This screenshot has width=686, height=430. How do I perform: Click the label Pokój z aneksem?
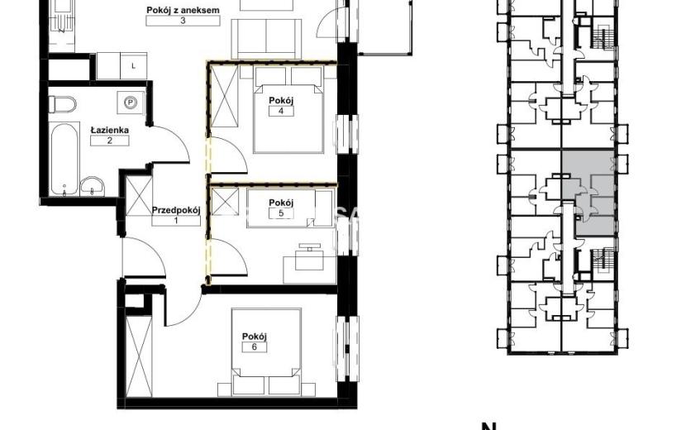pyautogui.click(x=183, y=10)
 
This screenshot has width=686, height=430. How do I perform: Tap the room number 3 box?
pyautogui.click(x=183, y=21)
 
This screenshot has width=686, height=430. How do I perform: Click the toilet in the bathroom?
pyautogui.click(x=62, y=105)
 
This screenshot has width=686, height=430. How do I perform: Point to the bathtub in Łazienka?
pyautogui.click(x=64, y=159)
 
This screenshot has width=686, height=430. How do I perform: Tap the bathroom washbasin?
pyautogui.click(x=93, y=186)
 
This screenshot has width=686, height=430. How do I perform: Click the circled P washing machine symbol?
pyautogui.click(x=131, y=103)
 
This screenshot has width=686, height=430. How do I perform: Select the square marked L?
pyautogui.click(x=133, y=66)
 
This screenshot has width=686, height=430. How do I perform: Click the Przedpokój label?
pyautogui.click(x=176, y=210)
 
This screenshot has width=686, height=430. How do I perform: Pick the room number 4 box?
pyautogui.click(x=281, y=111)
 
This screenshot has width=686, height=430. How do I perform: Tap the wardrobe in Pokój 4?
pyautogui.click(x=224, y=96)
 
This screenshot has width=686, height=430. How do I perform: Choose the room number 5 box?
pyautogui.click(x=281, y=213)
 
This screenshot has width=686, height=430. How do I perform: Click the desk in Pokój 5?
pyautogui.click(x=310, y=264)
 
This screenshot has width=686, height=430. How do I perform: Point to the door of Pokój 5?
pyautogui.click(x=227, y=257)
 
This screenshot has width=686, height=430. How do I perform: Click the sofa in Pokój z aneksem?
pyautogui.click(x=266, y=39)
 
